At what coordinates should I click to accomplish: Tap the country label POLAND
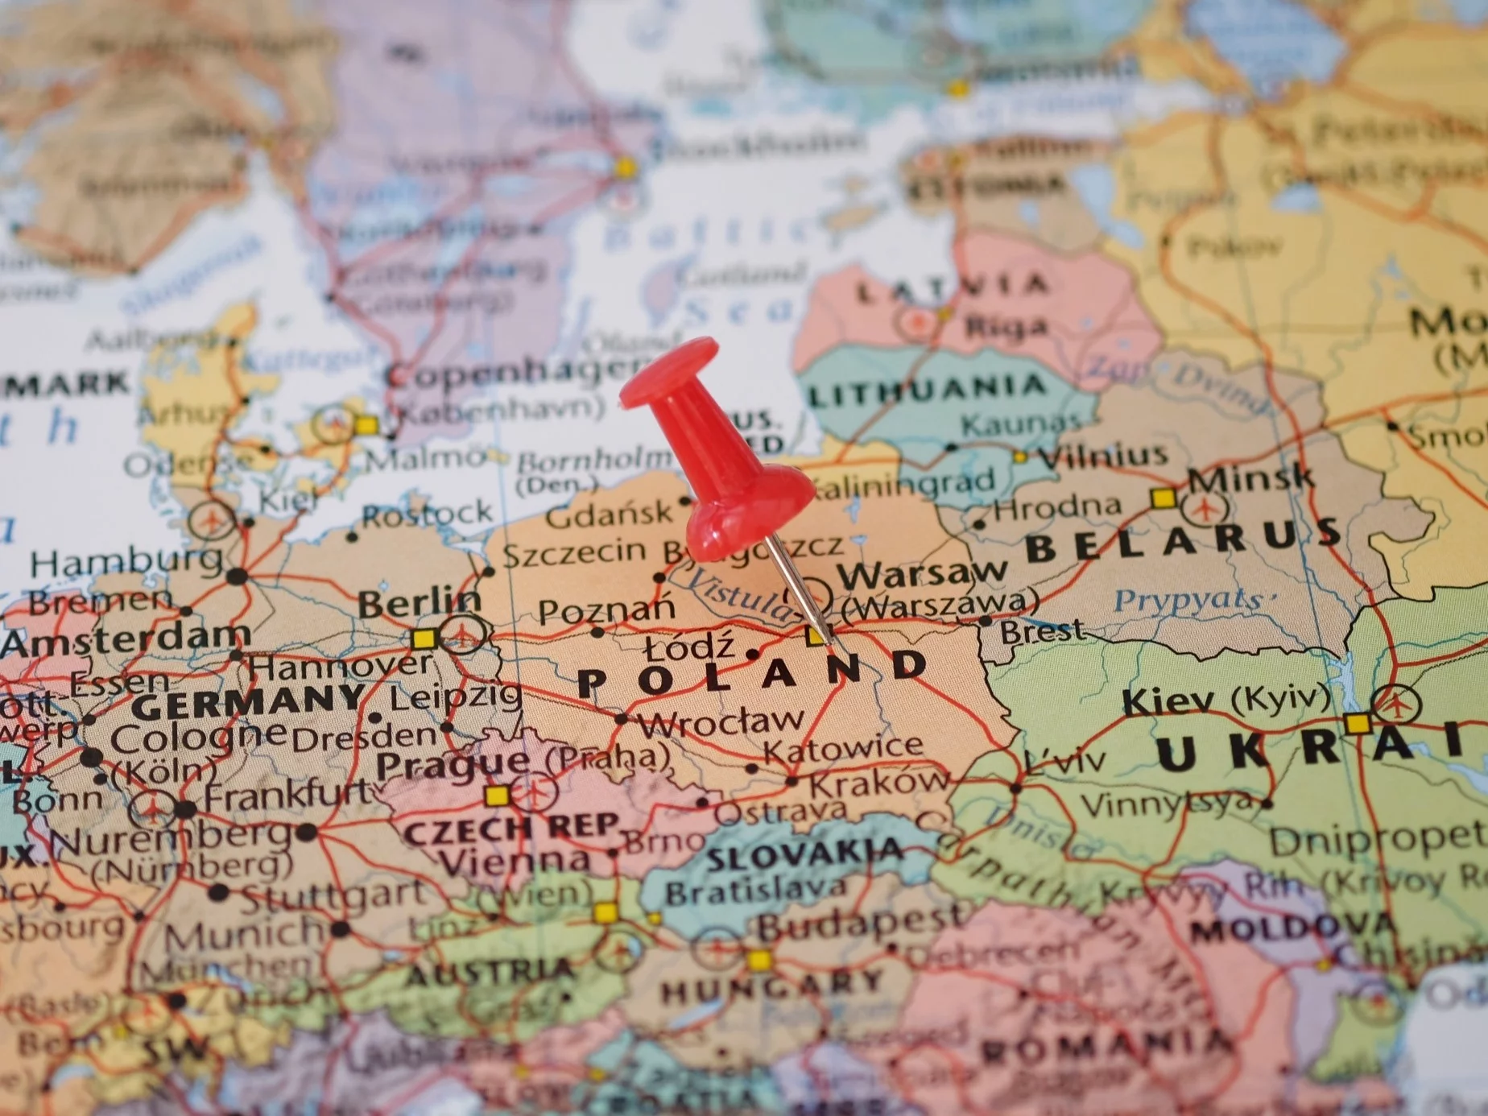(x=753, y=674)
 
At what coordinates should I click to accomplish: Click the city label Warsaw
(x=922, y=574)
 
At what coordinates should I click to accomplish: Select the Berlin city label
(x=419, y=602)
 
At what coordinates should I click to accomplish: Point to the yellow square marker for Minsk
(x=1162, y=498)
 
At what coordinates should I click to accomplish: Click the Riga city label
(x=1006, y=327)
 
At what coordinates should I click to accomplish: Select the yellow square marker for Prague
(x=497, y=796)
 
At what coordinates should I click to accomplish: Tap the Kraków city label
(x=878, y=782)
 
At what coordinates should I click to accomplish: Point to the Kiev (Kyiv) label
(x=1224, y=700)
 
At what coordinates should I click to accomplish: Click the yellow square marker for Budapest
(x=758, y=960)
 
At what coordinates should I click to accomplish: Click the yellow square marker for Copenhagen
(x=366, y=424)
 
